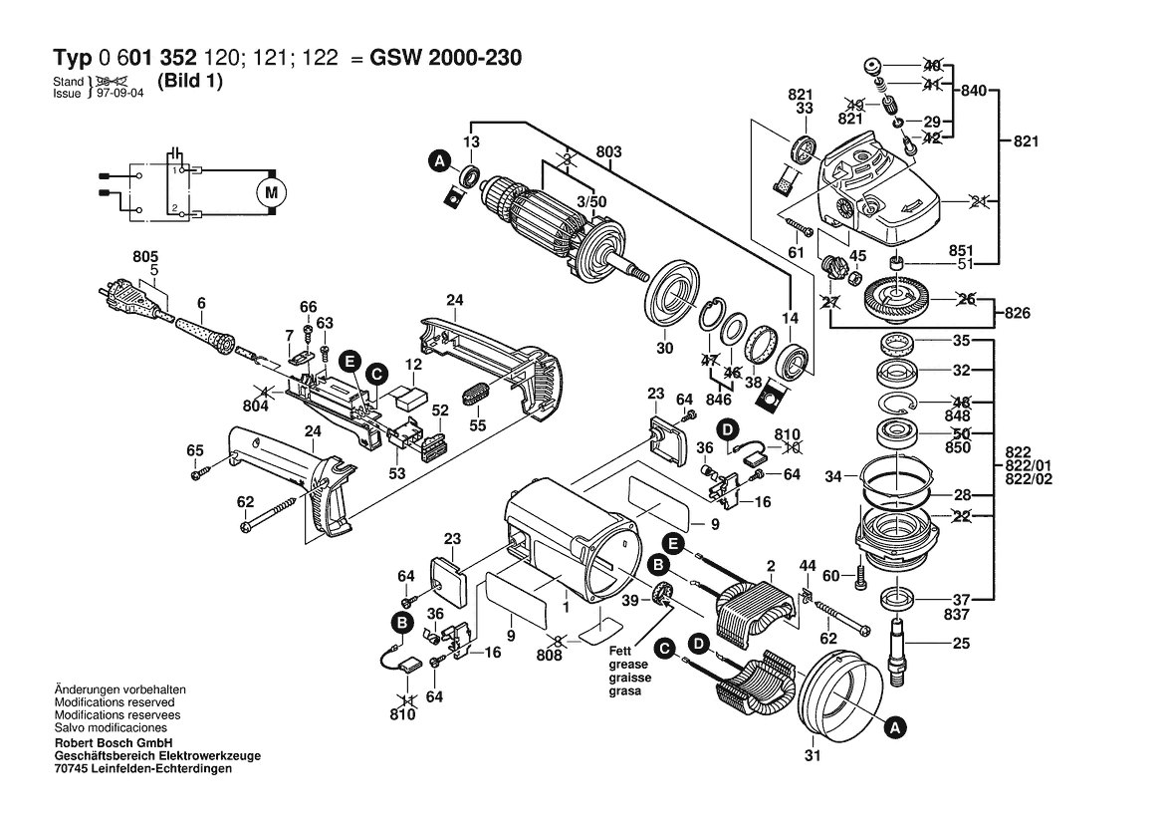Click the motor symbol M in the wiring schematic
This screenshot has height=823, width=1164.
click(x=270, y=193)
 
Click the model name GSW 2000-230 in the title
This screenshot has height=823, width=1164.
click(x=445, y=58)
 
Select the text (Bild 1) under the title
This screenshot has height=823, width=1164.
click(x=190, y=81)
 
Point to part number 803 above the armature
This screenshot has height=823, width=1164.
click(x=608, y=152)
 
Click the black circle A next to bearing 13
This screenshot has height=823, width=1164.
click(x=440, y=160)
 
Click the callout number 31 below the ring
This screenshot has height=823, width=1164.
click(x=813, y=756)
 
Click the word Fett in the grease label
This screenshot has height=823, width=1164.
click(x=620, y=651)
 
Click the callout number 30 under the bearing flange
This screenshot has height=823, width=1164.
click(x=664, y=348)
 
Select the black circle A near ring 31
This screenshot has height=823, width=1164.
click(x=896, y=727)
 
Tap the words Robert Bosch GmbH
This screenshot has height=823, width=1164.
click(x=114, y=742)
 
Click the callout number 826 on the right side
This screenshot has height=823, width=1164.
click(x=1017, y=313)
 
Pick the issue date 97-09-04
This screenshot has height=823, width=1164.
click(x=120, y=94)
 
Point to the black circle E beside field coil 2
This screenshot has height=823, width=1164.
click(x=673, y=544)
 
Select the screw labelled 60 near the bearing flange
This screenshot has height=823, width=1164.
click(x=861, y=576)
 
